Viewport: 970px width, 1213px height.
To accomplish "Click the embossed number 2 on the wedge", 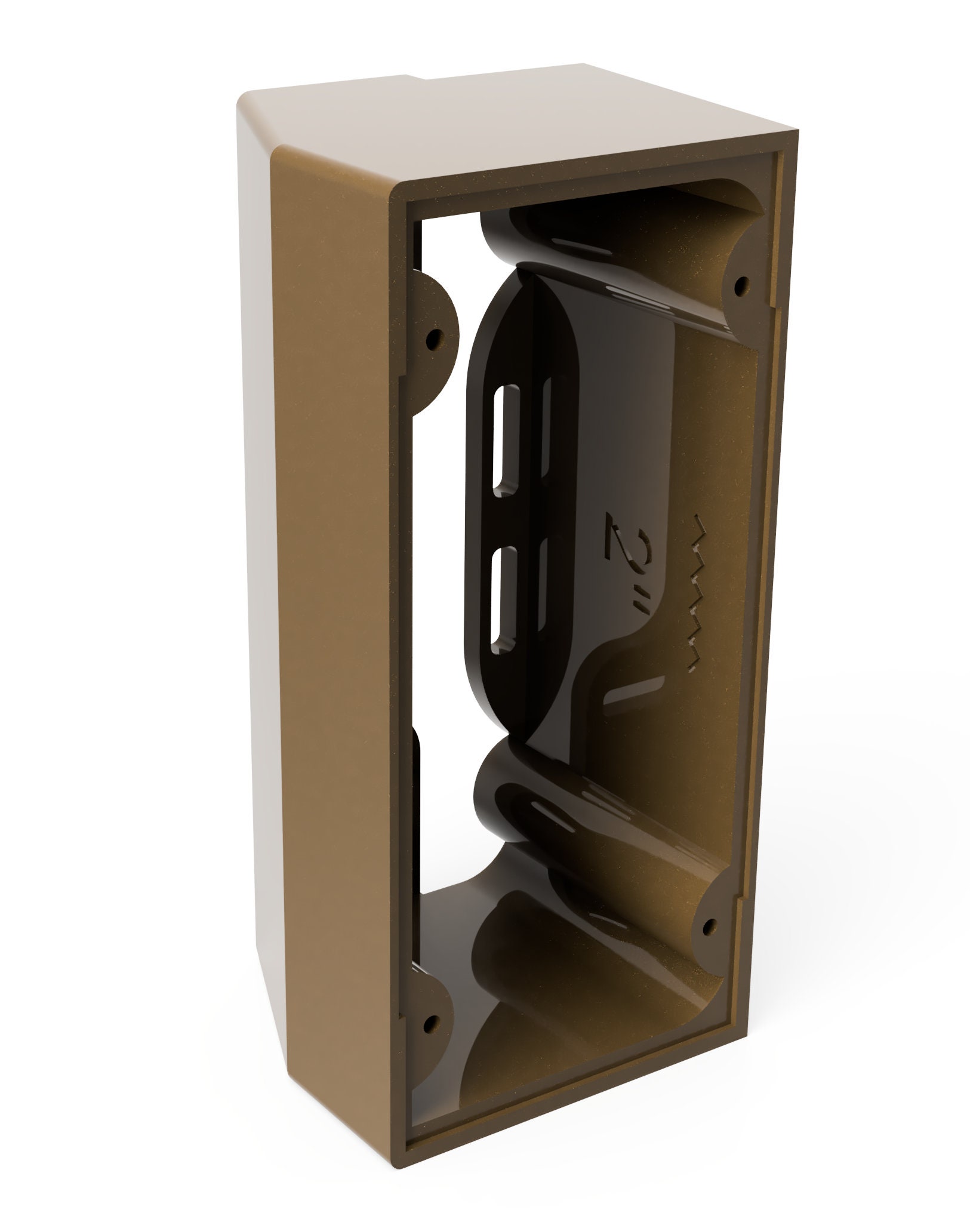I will click(618, 531).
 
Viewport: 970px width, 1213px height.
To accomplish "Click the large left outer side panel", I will click(310, 597).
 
